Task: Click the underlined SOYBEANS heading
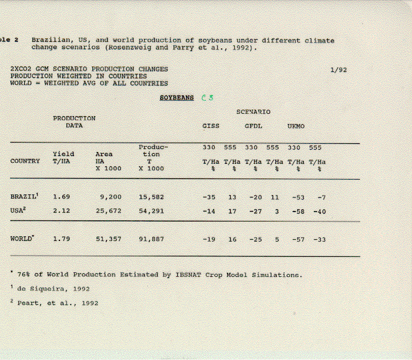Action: [x=177, y=98]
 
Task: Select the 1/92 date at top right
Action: [x=338, y=70]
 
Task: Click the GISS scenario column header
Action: [x=211, y=126]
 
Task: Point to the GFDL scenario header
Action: [x=254, y=126]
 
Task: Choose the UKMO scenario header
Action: [x=295, y=126]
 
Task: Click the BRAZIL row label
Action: [x=24, y=196]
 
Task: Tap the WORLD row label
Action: [x=22, y=239]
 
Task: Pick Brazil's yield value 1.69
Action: [x=62, y=197]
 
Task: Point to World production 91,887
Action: [x=151, y=239]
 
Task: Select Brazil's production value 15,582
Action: [x=151, y=197]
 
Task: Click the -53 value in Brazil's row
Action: [x=298, y=197]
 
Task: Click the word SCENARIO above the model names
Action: [x=254, y=111]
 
